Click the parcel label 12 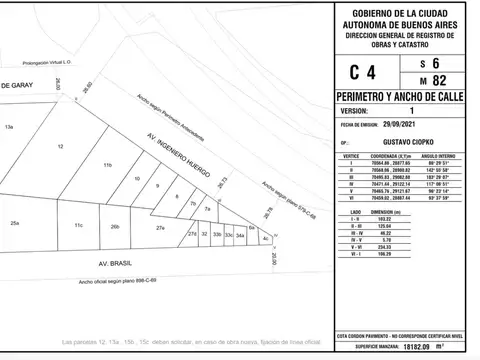click(x=60, y=147)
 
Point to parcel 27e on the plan click(x=160, y=228)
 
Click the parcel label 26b click(x=115, y=227)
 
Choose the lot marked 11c click(x=77, y=227)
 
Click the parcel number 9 click(x=158, y=185)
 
